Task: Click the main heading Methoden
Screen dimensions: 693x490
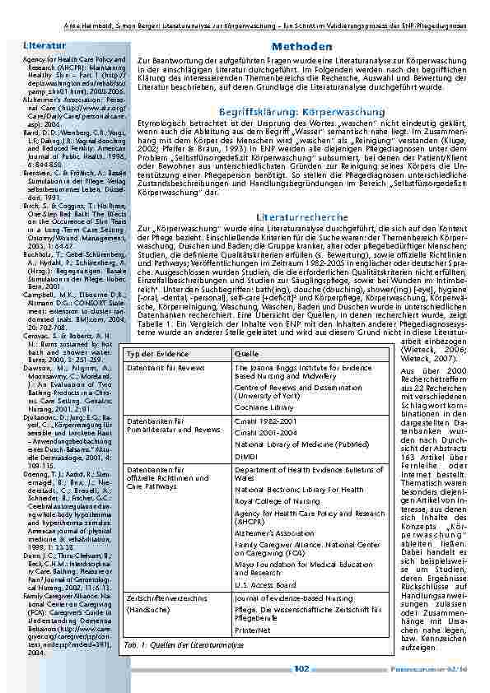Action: pyautogui.click(x=301, y=47)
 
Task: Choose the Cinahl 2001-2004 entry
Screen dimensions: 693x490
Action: pyautogui.click(x=264, y=430)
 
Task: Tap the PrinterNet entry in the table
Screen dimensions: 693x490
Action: pyautogui.click(x=252, y=629)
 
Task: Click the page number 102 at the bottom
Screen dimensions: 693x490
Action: pyautogui.click(x=301, y=669)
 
